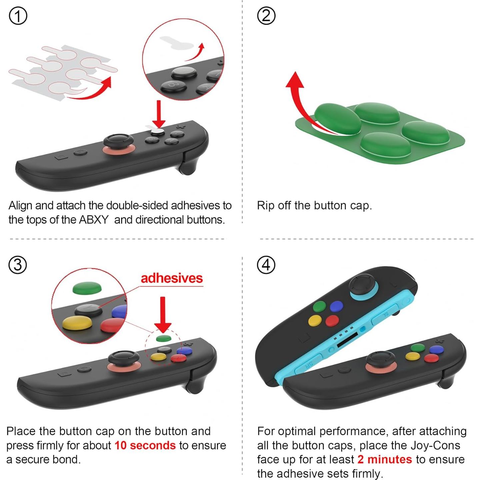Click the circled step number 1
(x=18, y=16)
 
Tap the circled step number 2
(x=266, y=16)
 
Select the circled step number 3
(x=18, y=265)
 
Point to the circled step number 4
(x=266, y=265)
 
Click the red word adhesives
(x=172, y=278)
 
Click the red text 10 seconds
(x=145, y=445)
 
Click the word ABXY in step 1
(x=94, y=220)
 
